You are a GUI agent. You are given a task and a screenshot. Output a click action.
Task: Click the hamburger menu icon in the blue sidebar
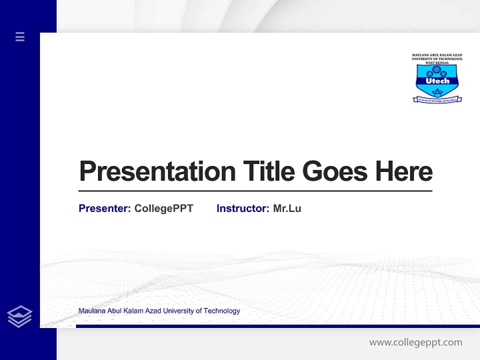[20, 36]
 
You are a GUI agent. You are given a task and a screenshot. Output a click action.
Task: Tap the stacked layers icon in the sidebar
[19, 316]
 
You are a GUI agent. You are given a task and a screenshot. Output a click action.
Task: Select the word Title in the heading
[268, 171]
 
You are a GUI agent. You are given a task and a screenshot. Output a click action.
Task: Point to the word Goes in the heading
[335, 171]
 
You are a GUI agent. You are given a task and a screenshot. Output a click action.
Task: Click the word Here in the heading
[404, 171]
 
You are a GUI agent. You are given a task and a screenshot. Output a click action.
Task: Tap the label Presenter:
[104, 208]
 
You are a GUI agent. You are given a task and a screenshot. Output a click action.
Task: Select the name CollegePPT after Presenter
[163, 208]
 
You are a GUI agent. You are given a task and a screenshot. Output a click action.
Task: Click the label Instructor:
[242, 208]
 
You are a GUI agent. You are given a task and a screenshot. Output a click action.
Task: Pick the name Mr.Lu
[287, 208]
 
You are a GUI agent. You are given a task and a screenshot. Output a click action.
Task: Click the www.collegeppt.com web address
[415, 342]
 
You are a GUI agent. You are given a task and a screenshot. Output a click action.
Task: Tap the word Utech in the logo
[437, 80]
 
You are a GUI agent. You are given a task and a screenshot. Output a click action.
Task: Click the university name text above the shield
[437, 58]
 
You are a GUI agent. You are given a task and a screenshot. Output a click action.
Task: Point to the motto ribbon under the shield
[437, 100]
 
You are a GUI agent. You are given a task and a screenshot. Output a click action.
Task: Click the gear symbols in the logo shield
[437, 70]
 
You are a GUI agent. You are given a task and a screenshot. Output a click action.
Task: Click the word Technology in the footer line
[222, 311]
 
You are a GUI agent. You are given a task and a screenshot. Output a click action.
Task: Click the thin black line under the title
[255, 190]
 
